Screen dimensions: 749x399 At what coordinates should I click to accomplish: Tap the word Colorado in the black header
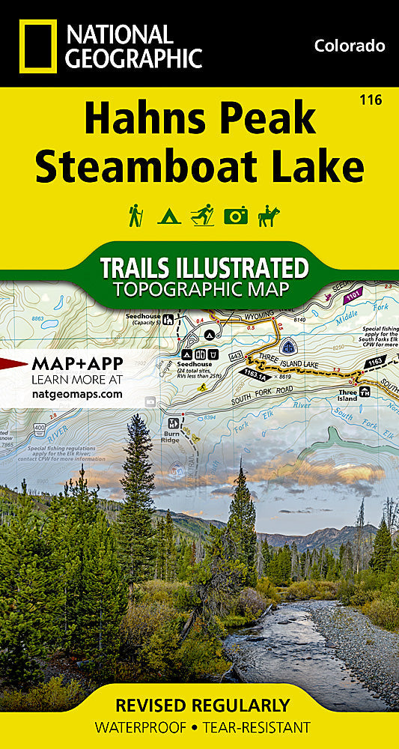coord(350,46)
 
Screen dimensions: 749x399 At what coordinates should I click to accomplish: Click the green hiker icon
coord(135,216)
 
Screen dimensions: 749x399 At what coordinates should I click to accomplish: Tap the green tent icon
coord(168,216)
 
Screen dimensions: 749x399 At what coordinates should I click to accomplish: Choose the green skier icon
coord(202,216)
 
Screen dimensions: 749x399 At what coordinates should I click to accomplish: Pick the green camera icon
coord(236,216)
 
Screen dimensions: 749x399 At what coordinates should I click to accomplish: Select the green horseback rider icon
coord(268,216)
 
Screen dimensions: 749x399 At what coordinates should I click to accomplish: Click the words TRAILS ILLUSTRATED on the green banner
coord(204,268)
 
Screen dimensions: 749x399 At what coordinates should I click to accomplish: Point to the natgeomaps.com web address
coord(76,392)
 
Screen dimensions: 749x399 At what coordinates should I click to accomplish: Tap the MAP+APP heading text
coord(77,364)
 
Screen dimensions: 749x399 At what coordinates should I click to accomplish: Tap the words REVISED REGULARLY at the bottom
coord(202,706)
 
